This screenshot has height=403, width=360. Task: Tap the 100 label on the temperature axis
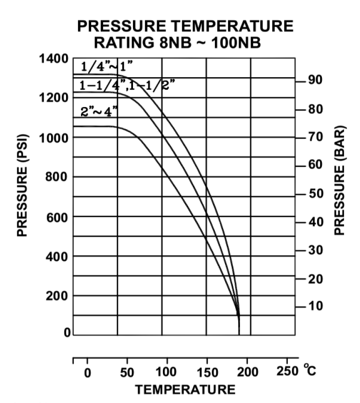pos(167,373)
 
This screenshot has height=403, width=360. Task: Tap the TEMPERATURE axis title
pos(185,390)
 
